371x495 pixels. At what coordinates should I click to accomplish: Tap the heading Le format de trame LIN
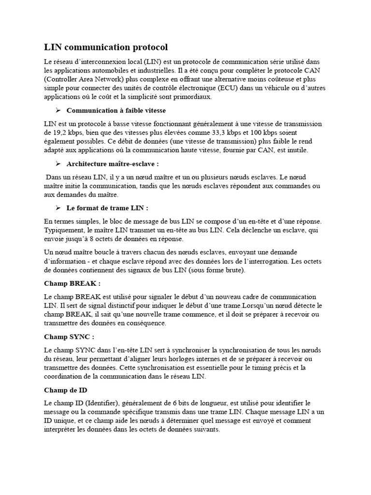107,208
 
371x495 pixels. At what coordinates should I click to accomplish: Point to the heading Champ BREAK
72,283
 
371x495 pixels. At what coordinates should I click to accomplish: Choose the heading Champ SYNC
69,336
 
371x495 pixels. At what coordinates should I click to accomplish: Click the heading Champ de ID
65,390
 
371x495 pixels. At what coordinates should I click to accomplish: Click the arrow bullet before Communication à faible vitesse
58,110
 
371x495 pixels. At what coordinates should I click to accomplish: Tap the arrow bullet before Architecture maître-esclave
58,164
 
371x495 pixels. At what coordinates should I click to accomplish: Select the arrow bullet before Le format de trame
58,208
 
